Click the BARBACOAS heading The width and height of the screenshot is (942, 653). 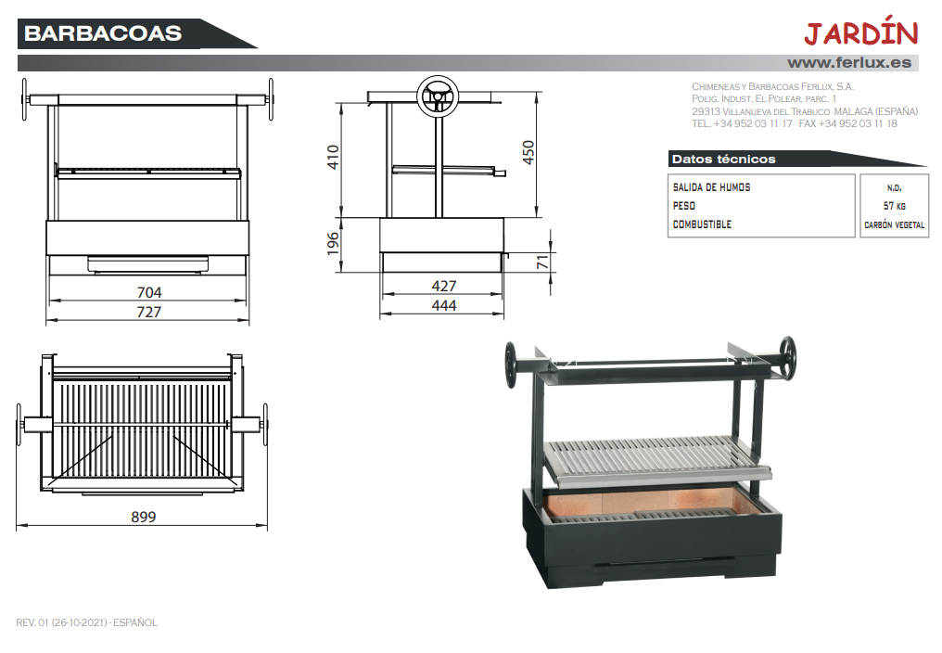pos(103,33)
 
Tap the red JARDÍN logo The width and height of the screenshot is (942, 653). pos(861,32)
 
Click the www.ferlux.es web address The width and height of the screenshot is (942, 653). pos(849,62)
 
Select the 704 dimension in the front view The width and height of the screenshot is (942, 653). pos(149,292)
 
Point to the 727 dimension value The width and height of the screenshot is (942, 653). pos(149,312)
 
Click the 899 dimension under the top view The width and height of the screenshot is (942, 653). pos(144,517)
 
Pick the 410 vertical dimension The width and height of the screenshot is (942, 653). pos(333,157)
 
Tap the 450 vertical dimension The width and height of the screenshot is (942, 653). pos(528,152)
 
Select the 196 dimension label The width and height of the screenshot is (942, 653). pos(333,244)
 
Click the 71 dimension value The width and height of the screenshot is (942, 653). pos(542,262)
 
